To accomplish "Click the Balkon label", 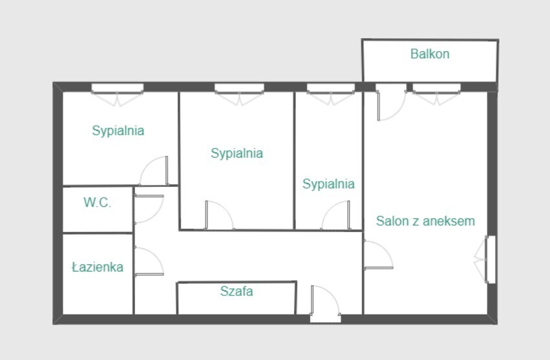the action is point(430,54).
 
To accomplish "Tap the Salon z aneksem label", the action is point(425,220).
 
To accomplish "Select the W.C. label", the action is point(97,202).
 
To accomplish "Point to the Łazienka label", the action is point(98,267).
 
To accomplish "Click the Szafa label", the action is point(237,291).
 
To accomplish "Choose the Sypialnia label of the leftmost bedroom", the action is point(118,131).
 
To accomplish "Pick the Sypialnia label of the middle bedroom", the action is point(237,153).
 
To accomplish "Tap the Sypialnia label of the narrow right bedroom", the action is point(328,184).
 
